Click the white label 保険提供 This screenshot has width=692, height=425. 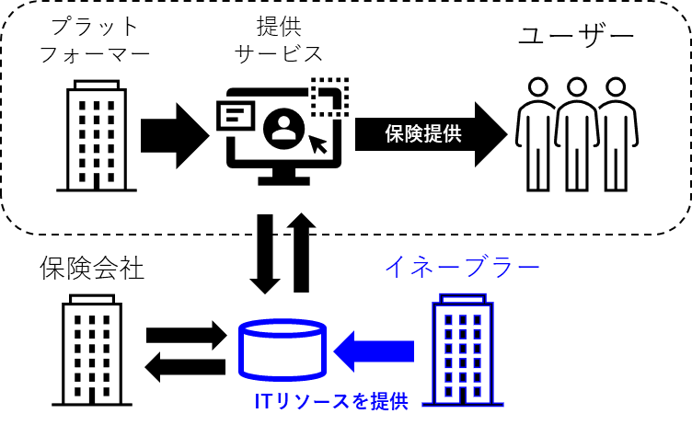click(x=422, y=133)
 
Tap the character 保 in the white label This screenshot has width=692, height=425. click(x=395, y=133)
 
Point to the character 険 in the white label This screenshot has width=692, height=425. click(x=413, y=133)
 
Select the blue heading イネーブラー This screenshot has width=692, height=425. click(x=462, y=267)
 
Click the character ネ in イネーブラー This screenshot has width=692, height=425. click(x=423, y=267)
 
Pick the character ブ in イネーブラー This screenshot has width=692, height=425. click(x=477, y=267)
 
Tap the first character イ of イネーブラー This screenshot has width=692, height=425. click(x=397, y=267)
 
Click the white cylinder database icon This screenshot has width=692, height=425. click(x=283, y=350)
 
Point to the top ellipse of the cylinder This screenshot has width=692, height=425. click(x=283, y=328)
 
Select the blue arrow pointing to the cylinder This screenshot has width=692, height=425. click(x=375, y=351)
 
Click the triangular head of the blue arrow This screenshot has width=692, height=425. click(x=345, y=351)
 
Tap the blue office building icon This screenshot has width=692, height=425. click(x=463, y=350)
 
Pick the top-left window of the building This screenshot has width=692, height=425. click(x=449, y=320)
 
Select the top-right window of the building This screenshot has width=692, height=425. click(x=477, y=320)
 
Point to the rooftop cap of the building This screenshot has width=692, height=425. click(x=463, y=297)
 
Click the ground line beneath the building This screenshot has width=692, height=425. click(x=463, y=405)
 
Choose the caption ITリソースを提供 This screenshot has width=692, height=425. click(x=331, y=401)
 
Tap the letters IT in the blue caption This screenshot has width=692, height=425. click(x=263, y=401)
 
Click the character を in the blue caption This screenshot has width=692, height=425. click(x=360, y=401)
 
